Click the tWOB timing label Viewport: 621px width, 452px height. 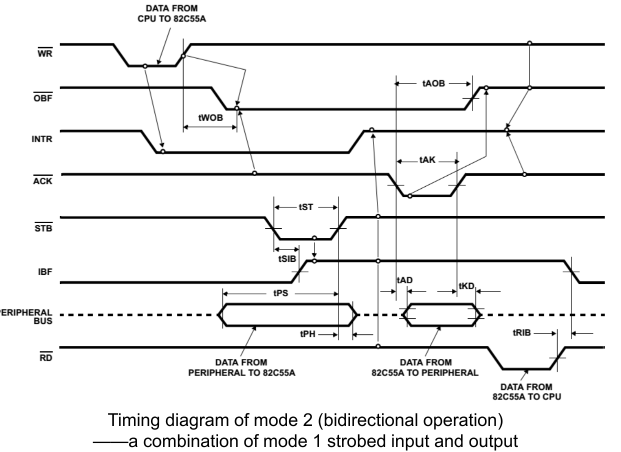point(209,118)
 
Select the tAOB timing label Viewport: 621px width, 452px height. point(433,83)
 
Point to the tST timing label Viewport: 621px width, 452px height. point(306,207)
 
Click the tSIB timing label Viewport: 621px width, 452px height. point(286,259)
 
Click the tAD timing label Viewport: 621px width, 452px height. point(404,280)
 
